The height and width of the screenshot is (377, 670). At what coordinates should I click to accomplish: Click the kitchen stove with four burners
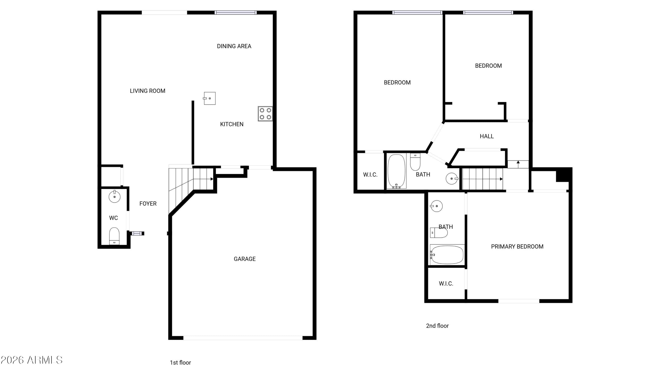[x=265, y=114]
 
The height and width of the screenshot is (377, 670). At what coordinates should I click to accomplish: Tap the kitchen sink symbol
[x=209, y=98]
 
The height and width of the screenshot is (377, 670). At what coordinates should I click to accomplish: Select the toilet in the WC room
[x=114, y=236]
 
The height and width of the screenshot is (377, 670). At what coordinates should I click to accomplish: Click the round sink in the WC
[x=114, y=196]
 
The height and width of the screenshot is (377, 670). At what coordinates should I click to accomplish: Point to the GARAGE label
[x=245, y=259]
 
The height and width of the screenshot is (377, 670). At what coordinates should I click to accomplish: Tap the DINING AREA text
[x=234, y=46]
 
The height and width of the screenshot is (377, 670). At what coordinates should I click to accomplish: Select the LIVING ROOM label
[x=147, y=91]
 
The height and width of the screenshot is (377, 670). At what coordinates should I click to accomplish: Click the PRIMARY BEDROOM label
[x=517, y=247]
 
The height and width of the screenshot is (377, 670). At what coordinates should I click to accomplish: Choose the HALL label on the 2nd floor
[x=487, y=136]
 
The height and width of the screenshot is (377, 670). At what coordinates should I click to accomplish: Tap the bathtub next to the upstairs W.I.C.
[x=397, y=171]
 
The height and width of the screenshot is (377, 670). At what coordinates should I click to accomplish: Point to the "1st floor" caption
[x=180, y=363]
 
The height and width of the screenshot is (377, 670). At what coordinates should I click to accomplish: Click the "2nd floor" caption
[x=438, y=326]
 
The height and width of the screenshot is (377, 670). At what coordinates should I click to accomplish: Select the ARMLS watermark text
[x=31, y=360]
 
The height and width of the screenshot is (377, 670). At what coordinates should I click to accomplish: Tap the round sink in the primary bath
[x=436, y=206]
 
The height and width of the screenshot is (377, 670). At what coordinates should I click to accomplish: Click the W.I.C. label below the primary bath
[x=446, y=284]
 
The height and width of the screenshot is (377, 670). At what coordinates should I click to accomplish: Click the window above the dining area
[x=235, y=13]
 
